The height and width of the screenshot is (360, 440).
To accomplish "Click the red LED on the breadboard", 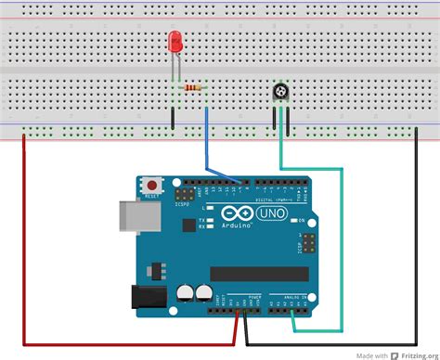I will point(175,43).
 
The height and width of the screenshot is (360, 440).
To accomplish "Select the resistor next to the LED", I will point(193,88).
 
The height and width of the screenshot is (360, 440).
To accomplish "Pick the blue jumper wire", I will point(206,139).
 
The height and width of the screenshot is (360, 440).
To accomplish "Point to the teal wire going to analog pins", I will point(342,251).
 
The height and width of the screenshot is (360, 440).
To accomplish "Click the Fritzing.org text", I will point(416,354).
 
